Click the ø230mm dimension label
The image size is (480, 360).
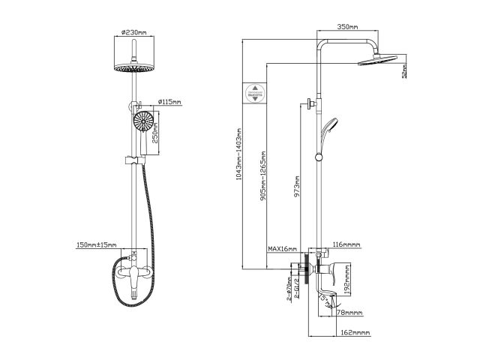pos(133,32)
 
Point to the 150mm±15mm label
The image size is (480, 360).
pos(96,244)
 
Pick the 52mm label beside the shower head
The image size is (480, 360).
pos(403,71)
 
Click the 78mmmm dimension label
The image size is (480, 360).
pos(349,313)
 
